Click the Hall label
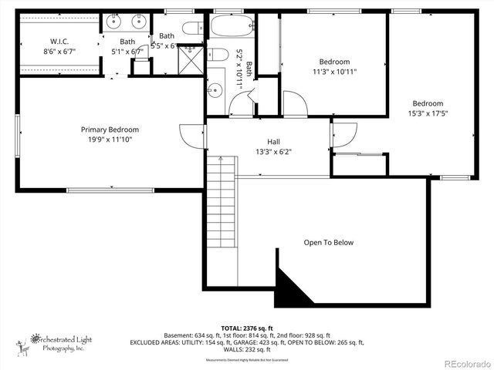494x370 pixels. tap(274, 142)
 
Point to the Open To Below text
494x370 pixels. tap(328, 243)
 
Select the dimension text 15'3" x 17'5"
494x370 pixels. tap(427, 113)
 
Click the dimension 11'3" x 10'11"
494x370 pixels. tap(334, 72)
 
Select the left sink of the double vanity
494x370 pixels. tap(113, 21)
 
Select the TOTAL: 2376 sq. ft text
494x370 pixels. tap(247, 328)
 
